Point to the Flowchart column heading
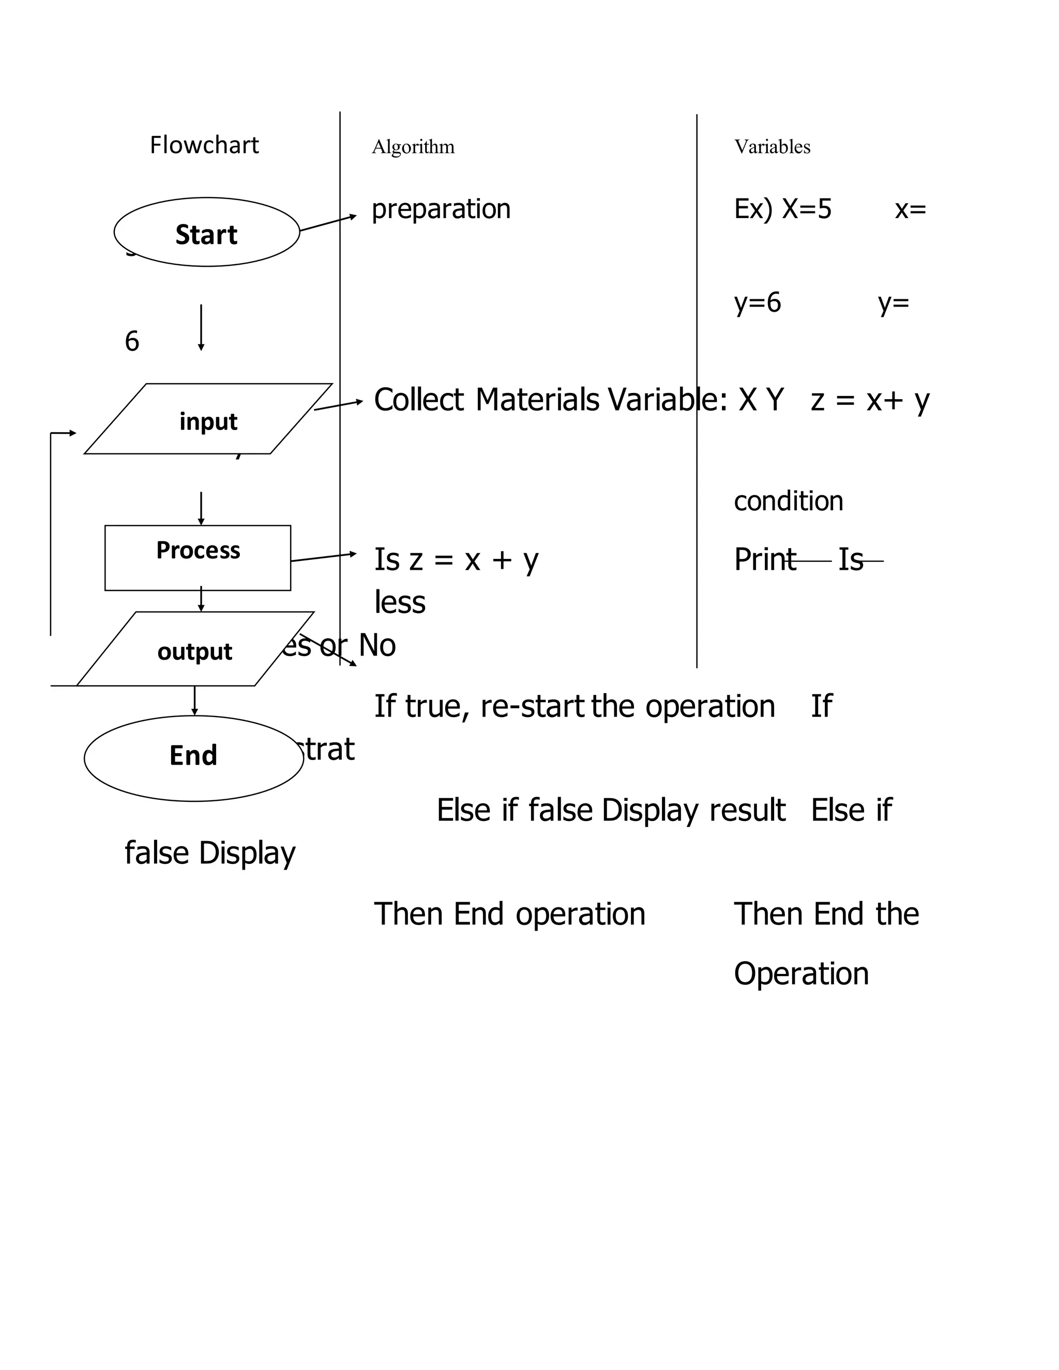click(x=204, y=145)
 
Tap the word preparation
click(x=441, y=209)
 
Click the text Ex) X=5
click(x=782, y=209)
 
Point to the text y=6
click(x=757, y=303)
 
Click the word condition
click(x=788, y=500)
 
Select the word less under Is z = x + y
click(x=400, y=602)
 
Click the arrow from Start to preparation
click(x=327, y=223)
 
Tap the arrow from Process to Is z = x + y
click(x=323, y=557)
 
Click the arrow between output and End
click(x=194, y=700)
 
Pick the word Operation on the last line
click(x=800, y=973)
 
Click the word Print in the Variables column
click(x=764, y=559)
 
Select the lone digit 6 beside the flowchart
click(x=132, y=342)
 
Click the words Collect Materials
click(x=486, y=400)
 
